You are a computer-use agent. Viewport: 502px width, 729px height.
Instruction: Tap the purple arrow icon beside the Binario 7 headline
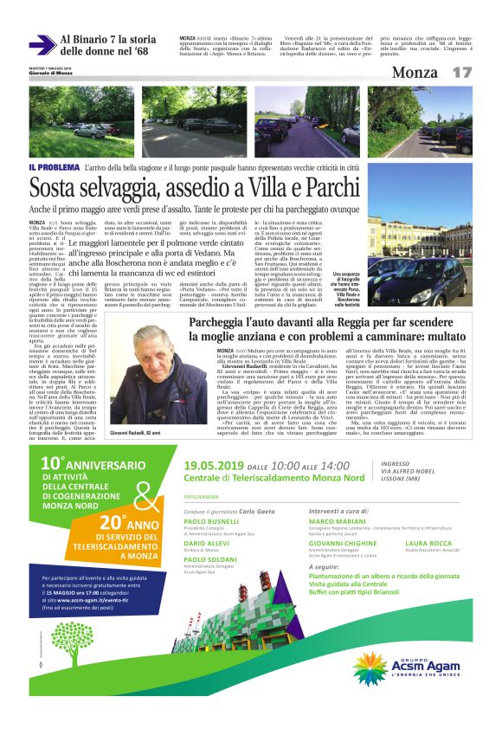coord(42,45)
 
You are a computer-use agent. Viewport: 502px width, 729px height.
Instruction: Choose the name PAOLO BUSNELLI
coord(212,523)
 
